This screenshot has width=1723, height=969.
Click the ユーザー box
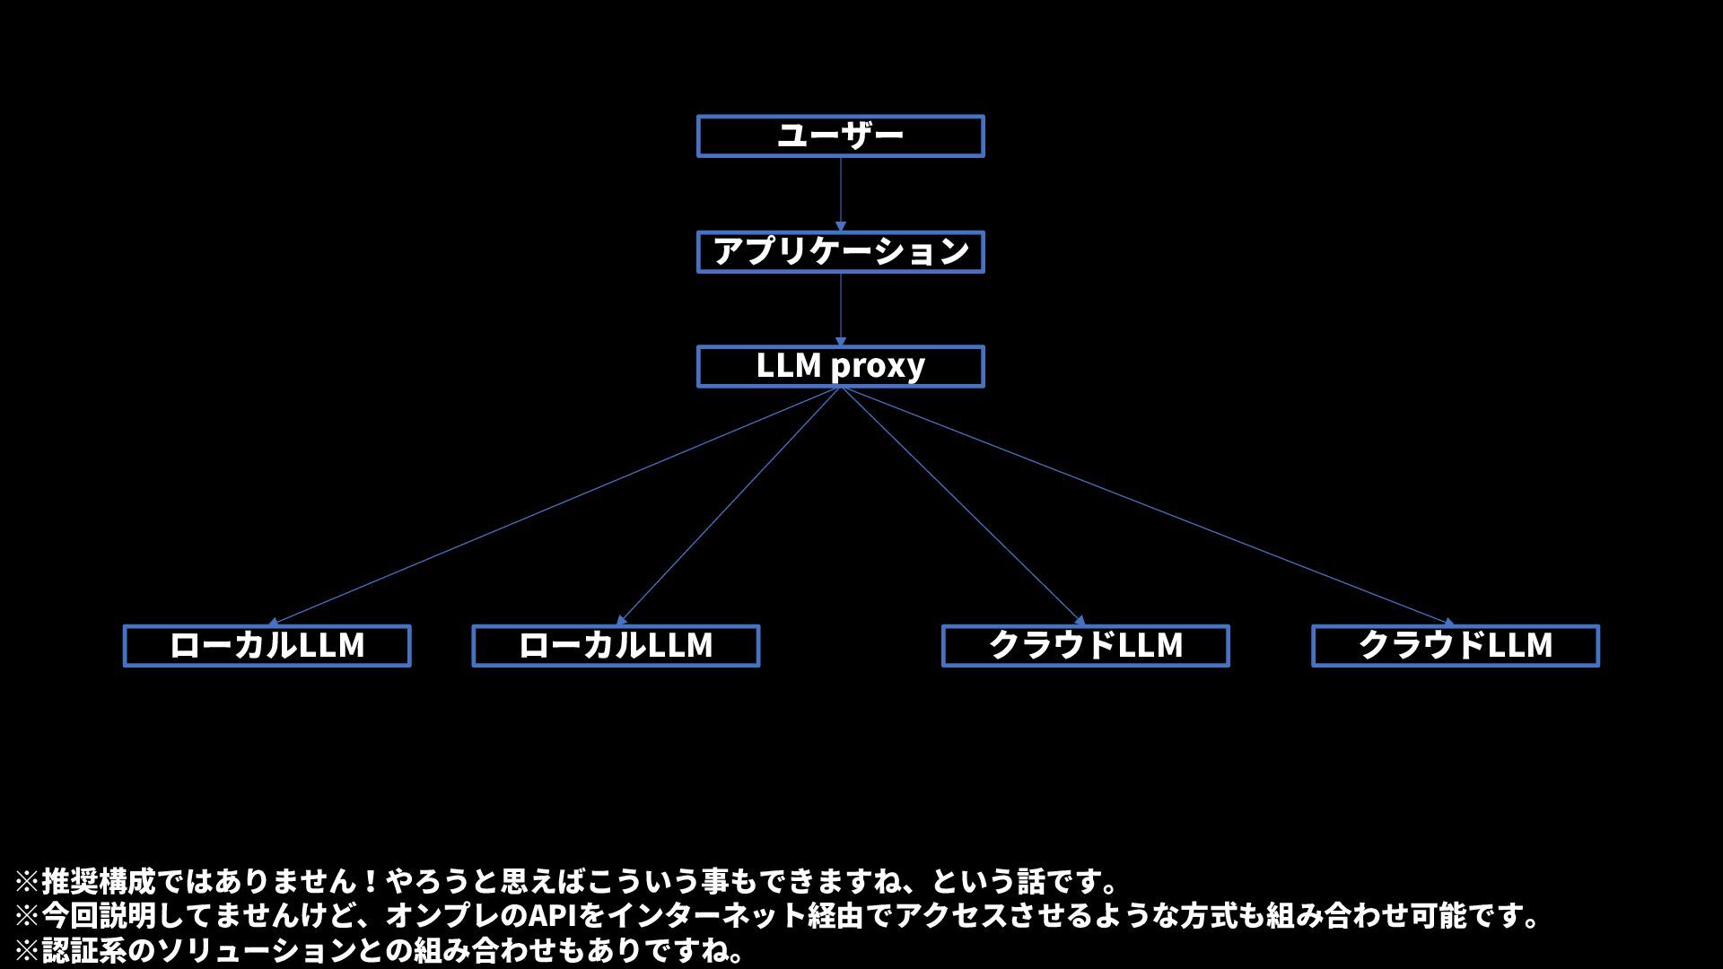coord(840,136)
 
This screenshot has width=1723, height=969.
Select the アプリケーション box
coord(840,251)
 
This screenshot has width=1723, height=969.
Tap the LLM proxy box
coord(840,366)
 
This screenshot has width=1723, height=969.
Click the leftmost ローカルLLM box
coord(267,646)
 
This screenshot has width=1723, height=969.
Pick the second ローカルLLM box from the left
coord(616,646)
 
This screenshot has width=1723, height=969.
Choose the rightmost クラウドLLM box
coord(1455,646)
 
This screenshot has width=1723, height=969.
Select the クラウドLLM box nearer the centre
coord(1085,646)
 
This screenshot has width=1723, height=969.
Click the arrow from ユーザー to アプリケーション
coord(841,193)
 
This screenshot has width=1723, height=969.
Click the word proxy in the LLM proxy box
coord(878,367)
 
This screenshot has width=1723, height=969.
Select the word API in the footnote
coord(553,916)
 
